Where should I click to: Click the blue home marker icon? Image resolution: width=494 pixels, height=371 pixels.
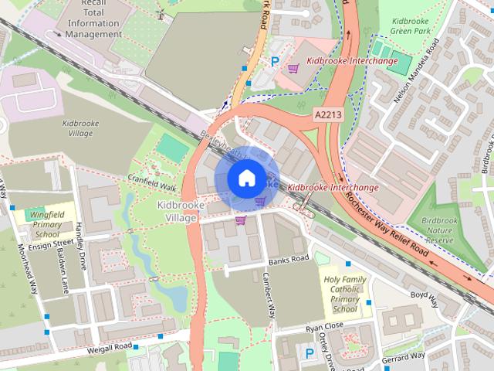tap(246, 178)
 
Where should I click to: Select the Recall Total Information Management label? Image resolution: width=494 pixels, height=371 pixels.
tap(93, 19)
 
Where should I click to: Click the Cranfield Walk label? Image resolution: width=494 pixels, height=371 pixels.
tap(152, 182)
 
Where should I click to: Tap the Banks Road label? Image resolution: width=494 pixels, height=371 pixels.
tap(289, 259)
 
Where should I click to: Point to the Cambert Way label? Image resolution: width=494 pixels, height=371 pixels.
tap(268, 295)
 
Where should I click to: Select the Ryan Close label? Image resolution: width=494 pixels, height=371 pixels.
tap(323, 328)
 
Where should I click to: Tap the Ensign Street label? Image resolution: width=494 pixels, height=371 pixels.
tap(49, 245)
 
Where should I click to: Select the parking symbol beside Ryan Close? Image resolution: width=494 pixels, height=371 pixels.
tap(310, 353)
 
